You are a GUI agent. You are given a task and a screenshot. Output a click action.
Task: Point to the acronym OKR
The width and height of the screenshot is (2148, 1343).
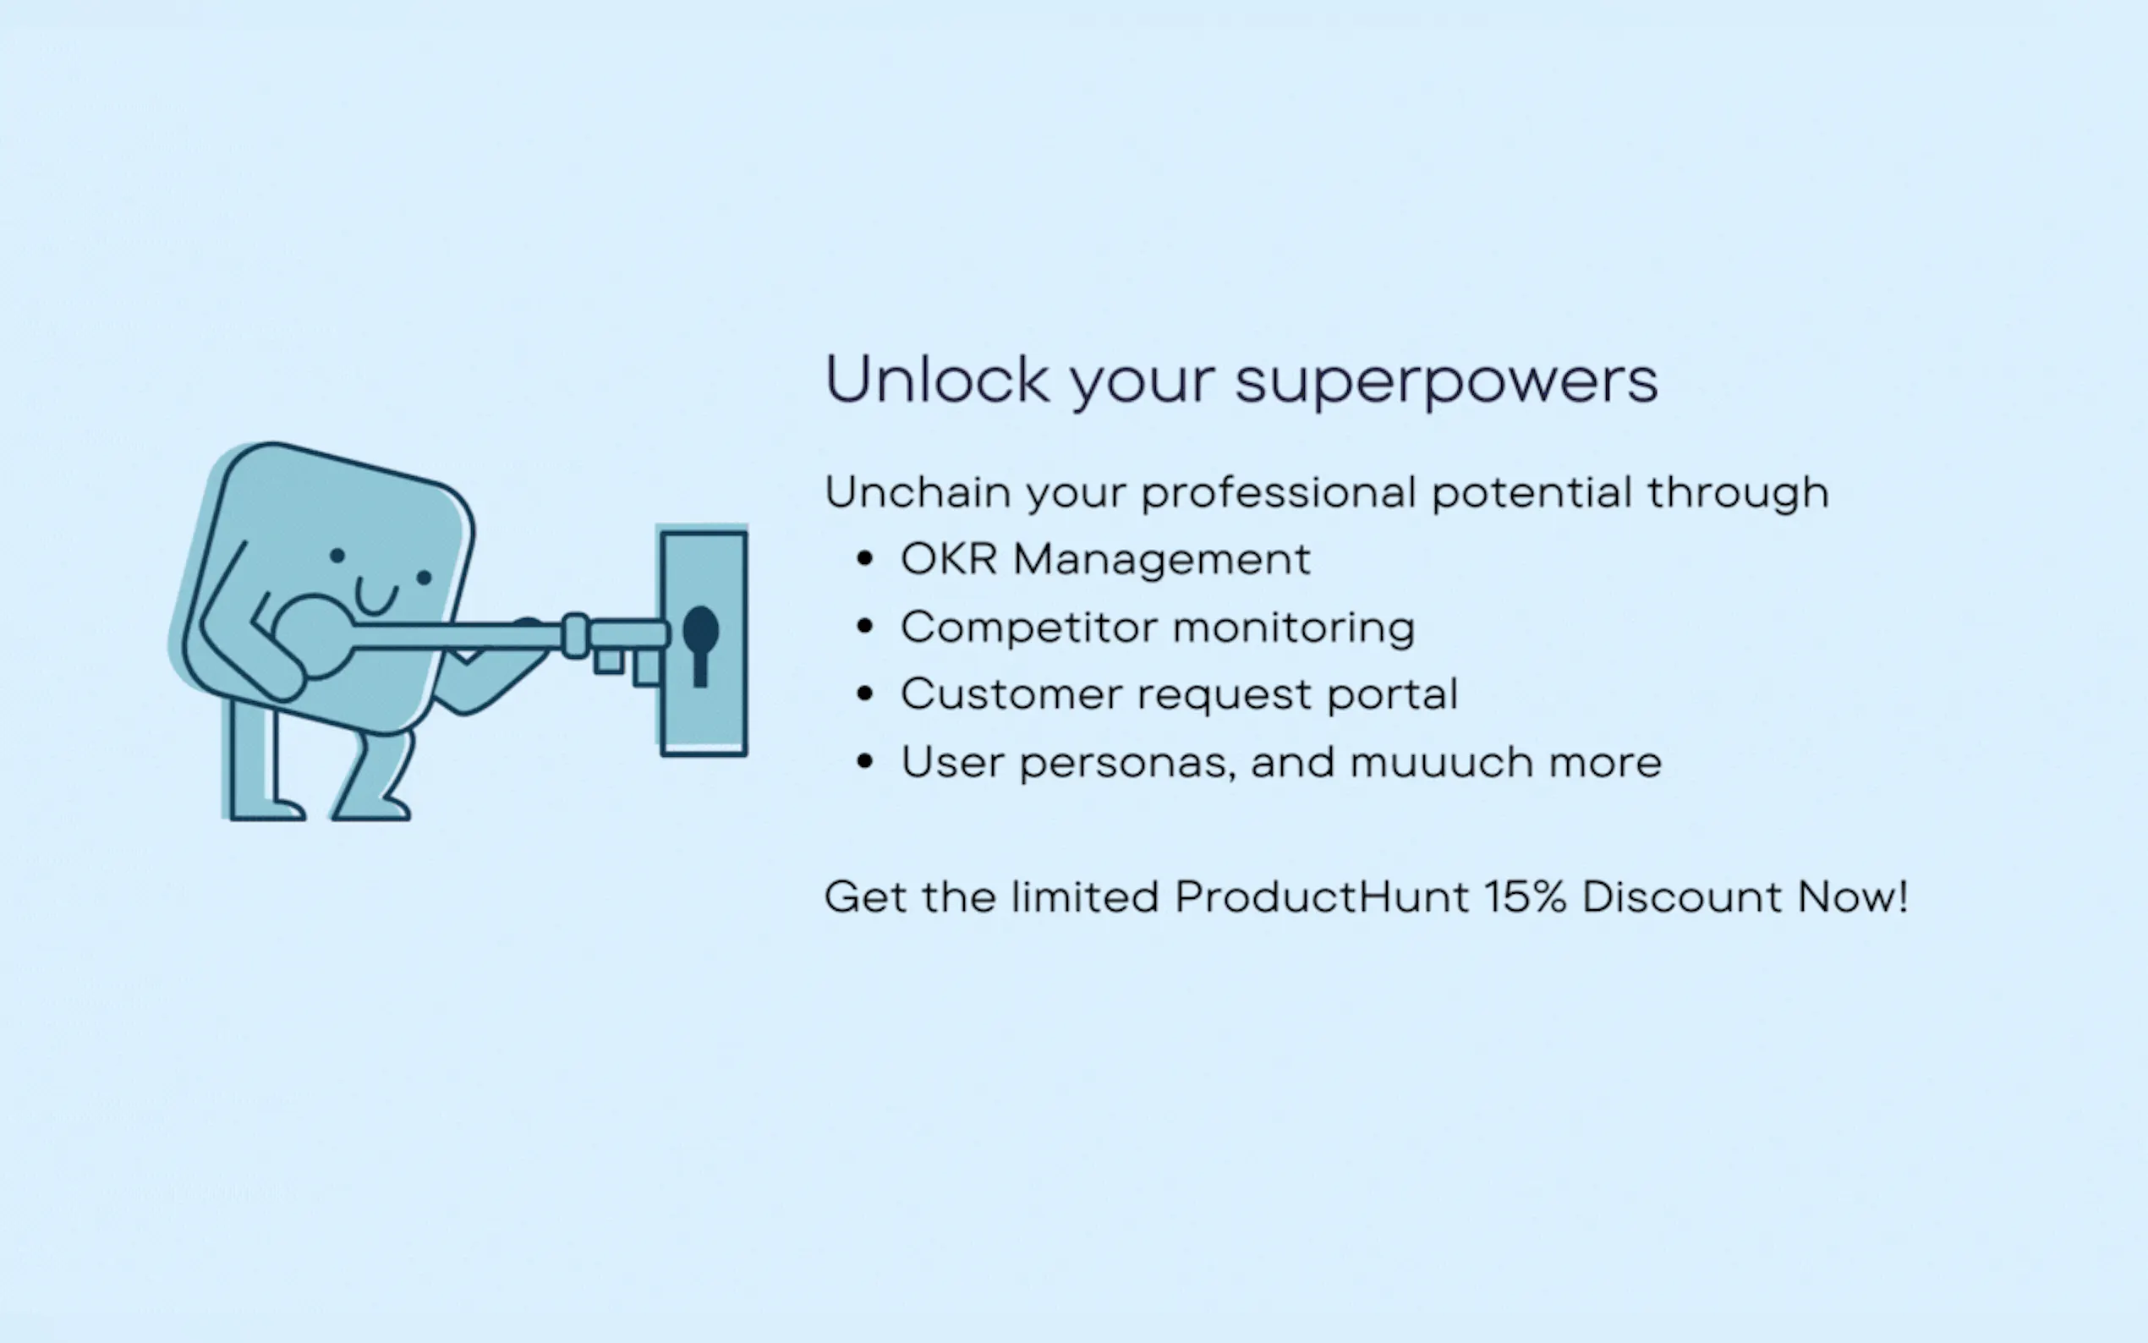click(948, 560)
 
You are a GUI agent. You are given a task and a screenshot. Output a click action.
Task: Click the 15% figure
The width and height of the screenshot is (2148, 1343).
click(1525, 896)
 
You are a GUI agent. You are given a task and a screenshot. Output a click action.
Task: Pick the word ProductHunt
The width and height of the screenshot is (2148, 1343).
click(1322, 896)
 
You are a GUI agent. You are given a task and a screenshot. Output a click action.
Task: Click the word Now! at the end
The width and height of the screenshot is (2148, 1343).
click(1852, 896)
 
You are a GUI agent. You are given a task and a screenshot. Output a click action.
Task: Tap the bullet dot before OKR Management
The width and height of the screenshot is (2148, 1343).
click(865, 560)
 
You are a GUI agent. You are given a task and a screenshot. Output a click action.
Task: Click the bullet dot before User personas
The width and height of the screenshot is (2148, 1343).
click(865, 762)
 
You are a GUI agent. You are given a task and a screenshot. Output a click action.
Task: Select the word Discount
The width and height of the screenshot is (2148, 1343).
click(1682, 896)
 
